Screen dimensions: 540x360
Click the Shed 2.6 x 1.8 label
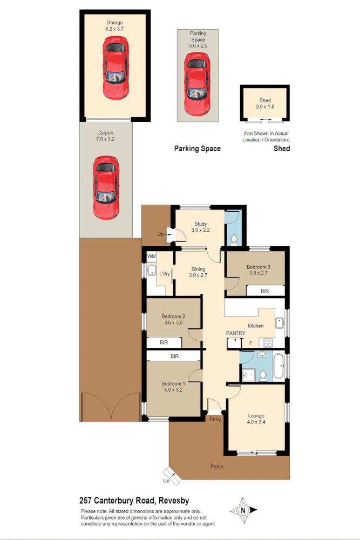point(265,104)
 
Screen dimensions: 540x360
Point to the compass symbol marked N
point(243,510)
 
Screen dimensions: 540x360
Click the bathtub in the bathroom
point(279,366)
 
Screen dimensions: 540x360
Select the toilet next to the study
point(234,238)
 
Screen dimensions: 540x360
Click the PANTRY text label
point(235,334)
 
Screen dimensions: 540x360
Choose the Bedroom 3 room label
point(259,270)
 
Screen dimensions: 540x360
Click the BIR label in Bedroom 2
point(164,342)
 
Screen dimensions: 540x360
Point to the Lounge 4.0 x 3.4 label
point(256,418)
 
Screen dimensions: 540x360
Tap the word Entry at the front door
point(215,420)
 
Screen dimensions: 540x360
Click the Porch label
point(216,466)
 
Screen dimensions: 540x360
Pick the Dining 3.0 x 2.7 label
point(198,272)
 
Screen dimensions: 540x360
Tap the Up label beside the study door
point(160,234)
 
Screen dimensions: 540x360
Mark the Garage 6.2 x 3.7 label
point(114,26)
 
